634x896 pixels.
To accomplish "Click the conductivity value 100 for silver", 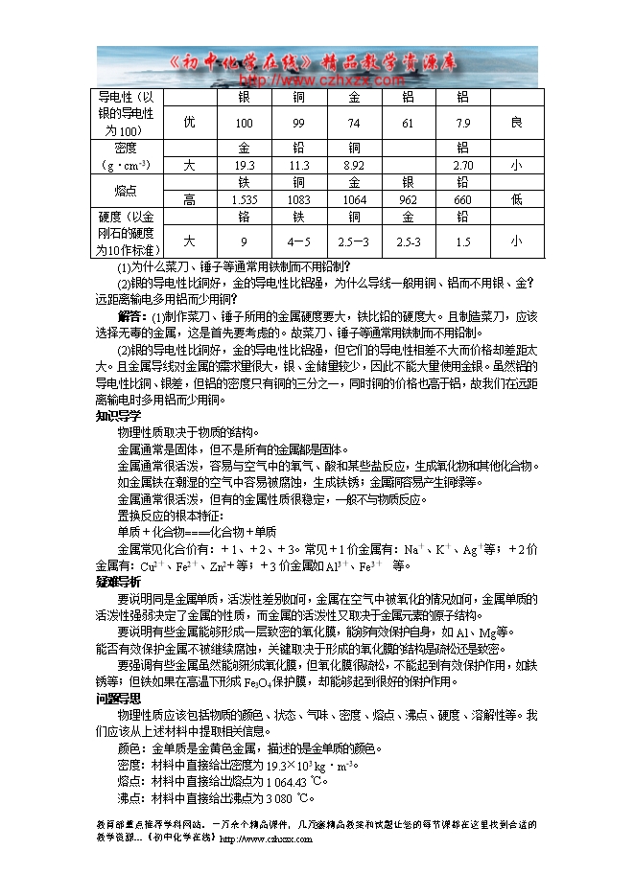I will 244,124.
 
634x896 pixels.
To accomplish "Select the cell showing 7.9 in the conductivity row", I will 463,124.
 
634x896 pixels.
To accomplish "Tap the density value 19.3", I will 244,166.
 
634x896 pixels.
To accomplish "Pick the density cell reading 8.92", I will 354,166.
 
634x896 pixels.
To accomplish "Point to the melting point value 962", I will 408,199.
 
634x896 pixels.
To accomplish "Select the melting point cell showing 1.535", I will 244,199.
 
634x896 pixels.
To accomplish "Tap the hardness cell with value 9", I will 244,241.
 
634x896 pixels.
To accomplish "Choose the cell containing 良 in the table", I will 517,124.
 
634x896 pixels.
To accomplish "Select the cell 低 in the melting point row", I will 517,199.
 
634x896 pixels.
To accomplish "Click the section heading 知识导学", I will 118,416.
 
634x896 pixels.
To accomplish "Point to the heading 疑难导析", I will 118,582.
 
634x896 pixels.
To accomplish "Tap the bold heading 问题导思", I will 118,699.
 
